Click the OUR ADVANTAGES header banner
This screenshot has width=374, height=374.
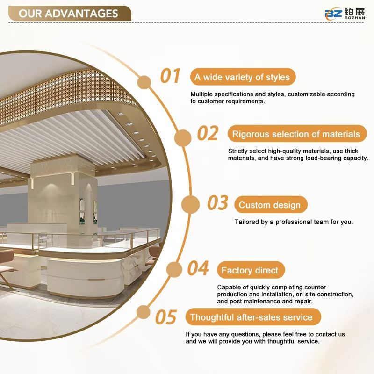(x=70, y=14)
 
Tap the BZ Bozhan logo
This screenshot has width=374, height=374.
(x=345, y=14)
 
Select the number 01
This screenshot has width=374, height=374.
(x=170, y=76)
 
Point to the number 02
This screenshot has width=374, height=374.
(x=208, y=133)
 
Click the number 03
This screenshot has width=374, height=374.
(x=218, y=203)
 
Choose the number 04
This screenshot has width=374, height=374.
(x=198, y=268)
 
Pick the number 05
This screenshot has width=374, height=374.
(x=166, y=317)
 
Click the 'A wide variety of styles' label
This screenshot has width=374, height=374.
(x=243, y=77)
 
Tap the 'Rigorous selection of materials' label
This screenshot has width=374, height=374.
(x=297, y=134)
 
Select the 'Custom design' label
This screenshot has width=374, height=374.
(x=271, y=205)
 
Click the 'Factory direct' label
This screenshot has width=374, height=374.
(x=251, y=270)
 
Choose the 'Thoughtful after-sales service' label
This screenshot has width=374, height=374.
(x=253, y=317)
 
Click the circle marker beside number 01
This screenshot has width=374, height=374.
(x=144, y=82)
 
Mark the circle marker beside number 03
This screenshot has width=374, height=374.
(x=190, y=204)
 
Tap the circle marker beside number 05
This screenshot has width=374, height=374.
(x=144, y=312)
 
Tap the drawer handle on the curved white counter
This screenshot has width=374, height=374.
(x=96, y=279)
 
